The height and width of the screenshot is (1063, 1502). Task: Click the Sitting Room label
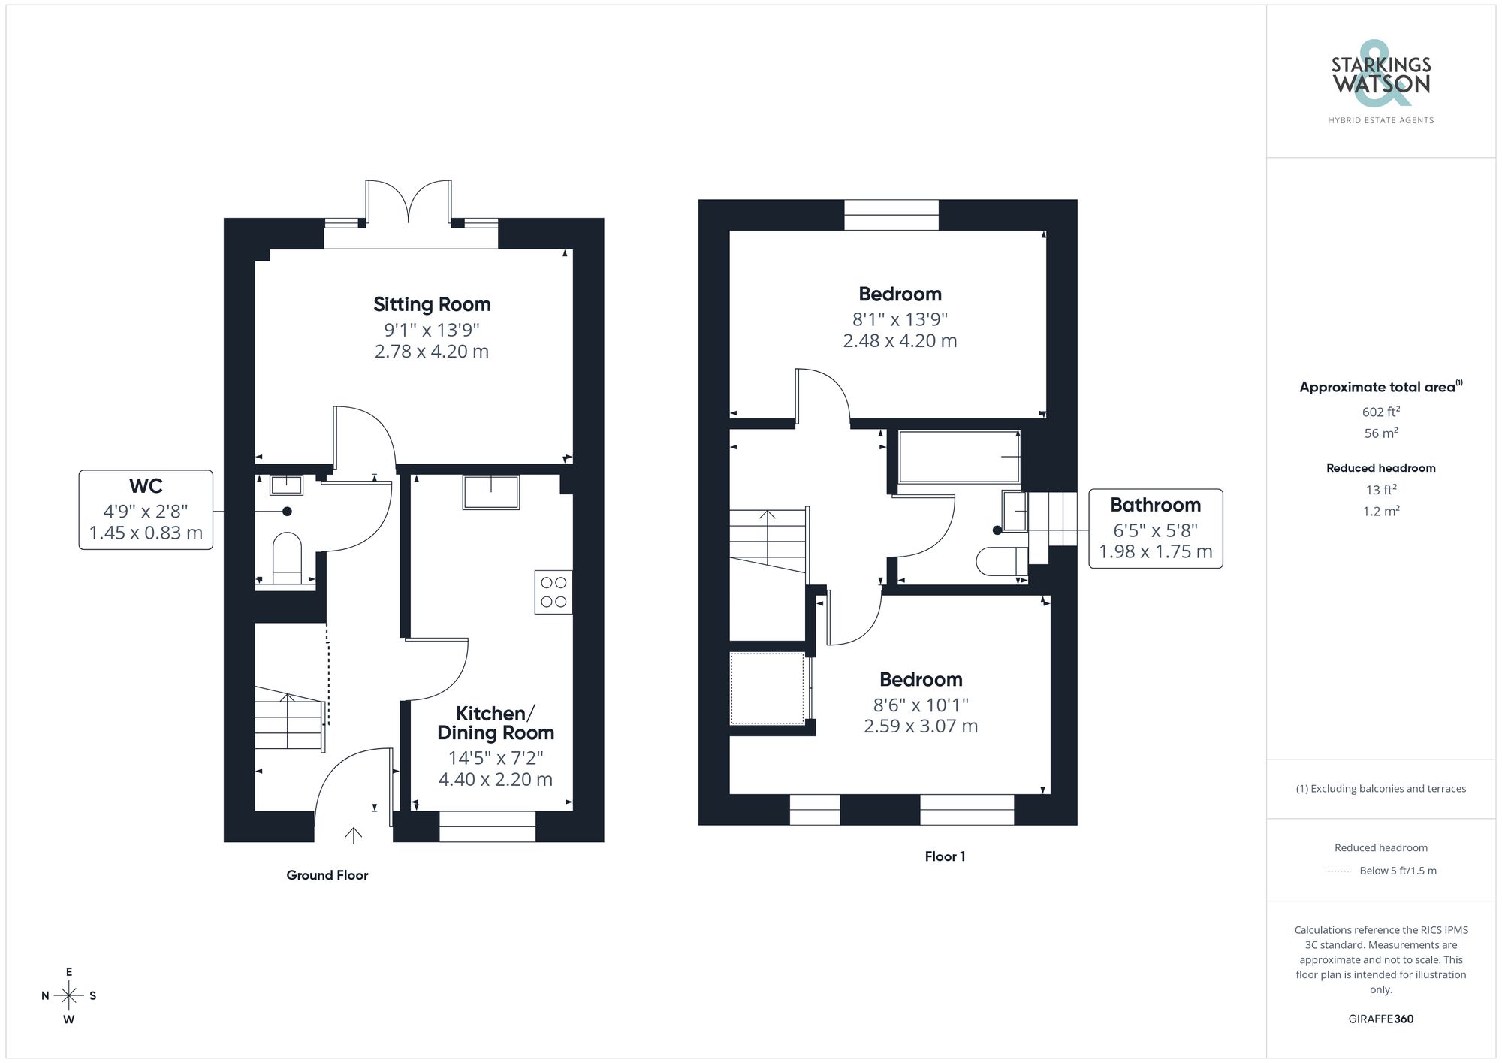432,304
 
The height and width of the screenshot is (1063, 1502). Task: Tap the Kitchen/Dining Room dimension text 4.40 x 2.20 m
495,779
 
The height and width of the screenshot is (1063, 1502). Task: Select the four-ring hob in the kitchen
553,592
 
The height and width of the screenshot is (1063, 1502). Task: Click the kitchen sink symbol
491,492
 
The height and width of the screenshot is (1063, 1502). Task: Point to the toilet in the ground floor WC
286,557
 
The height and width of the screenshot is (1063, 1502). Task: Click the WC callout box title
146,486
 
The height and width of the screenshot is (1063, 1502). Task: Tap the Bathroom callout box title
1155,505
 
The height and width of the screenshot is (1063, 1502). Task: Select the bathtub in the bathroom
959,457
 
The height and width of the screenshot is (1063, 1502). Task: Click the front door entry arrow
353,835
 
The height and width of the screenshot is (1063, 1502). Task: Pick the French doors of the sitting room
409,203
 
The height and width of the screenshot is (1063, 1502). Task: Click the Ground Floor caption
327,875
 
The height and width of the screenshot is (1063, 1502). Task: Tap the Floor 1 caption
945,856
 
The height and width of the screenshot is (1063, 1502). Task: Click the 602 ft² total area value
1380,412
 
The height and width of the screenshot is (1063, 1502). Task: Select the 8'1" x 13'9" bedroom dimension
900,319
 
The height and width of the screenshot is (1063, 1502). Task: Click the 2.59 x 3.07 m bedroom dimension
921,726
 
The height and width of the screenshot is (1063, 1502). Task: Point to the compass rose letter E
69,972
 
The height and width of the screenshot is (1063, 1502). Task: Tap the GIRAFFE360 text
1380,1019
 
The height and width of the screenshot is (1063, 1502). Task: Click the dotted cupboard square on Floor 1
767,688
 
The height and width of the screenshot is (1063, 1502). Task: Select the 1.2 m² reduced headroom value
1380,511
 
